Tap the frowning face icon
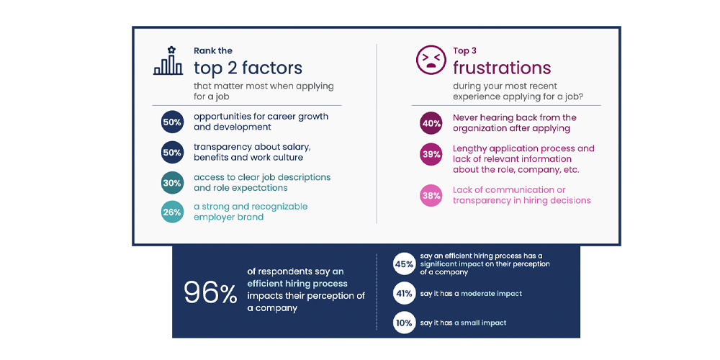pos(431,60)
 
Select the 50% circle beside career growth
pos(171,122)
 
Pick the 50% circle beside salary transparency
pos(171,152)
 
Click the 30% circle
pos(171,183)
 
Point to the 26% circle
pos(171,212)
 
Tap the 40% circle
pos(431,123)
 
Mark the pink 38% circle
pos(431,195)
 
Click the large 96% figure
pos(210,292)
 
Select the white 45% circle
pos(403,264)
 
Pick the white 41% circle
pos(403,294)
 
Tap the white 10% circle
pos(403,323)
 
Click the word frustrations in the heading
pos(501,68)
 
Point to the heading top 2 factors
pos(248,68)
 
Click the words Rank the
pos(212,50)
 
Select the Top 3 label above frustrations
pos(464,50)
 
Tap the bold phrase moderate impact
pos(491,294)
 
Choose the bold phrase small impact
pos(482,323)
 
